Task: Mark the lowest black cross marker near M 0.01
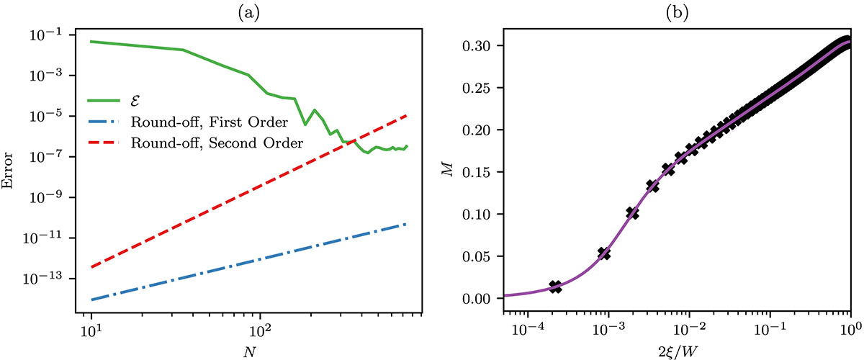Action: click(x=554, y=287)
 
